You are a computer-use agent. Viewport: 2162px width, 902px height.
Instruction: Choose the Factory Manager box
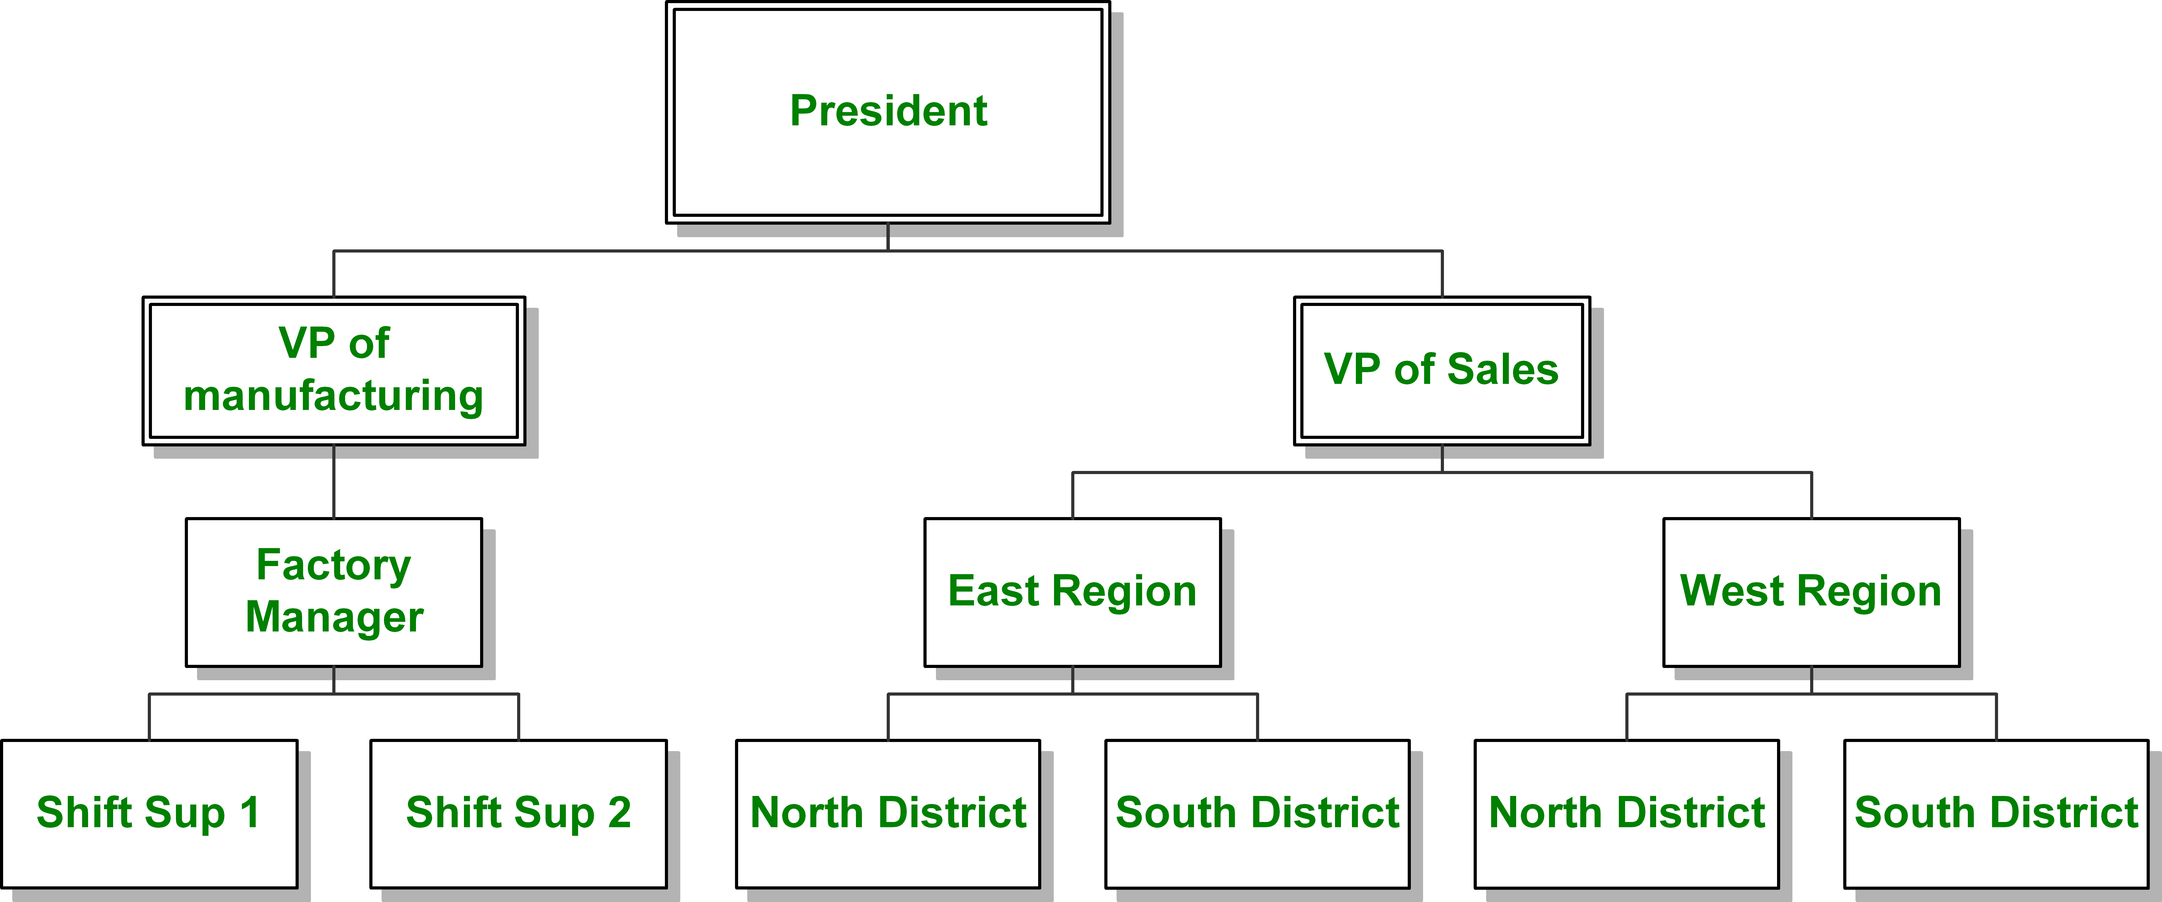pyautogui.click(x=334, y=592)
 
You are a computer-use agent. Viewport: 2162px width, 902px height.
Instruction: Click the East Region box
pyautogui.click(x=1073, y=592)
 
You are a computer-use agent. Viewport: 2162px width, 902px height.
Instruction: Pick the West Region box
pyautogui.click(x=1811, y=592)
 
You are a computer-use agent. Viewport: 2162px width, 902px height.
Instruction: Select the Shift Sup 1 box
pyautogui.click(x=149, y=814)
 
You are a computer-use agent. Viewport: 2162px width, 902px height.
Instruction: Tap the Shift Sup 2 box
pyautogui.click(x=519, y=814)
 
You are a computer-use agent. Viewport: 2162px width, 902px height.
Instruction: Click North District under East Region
pyautogui.click(x=888, y=814)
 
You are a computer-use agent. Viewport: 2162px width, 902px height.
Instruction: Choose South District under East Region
pyautogui.click(x=1257, y=814)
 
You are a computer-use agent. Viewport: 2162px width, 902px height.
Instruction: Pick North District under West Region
pyautogui.click(x=1627, y=814)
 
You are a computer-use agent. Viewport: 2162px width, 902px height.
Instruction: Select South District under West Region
pyautogui.click(x=1996, y=814)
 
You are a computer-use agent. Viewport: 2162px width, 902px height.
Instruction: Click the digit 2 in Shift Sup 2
pyautogui.click(x=618, y=812)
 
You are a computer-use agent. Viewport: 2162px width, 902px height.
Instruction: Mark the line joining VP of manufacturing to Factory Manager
pyautogui.click(x=334, y=482)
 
